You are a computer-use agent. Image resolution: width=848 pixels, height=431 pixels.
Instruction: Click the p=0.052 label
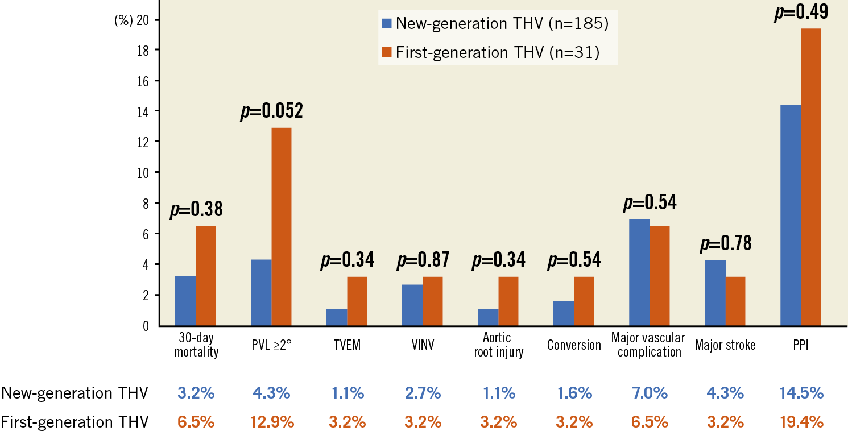(271, 111)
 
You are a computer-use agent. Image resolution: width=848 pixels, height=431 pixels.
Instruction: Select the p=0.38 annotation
(196, 210)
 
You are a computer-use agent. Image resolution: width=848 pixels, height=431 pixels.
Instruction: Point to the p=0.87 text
(423, 260)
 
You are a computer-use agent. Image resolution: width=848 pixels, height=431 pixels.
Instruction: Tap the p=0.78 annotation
(725, 244)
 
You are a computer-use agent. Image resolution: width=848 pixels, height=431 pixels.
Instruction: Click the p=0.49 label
(801, 13)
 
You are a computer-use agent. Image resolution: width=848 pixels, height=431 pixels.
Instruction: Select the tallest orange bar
(811, 176)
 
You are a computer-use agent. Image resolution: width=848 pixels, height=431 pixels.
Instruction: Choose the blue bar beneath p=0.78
(715, 292)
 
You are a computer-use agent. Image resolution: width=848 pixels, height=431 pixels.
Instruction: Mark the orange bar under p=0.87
(433, 301)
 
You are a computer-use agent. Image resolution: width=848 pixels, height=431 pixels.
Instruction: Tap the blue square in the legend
(387, 23)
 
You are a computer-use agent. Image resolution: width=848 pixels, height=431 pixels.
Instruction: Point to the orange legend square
(387, 52)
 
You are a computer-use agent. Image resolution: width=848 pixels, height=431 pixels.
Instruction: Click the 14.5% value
(801, 393)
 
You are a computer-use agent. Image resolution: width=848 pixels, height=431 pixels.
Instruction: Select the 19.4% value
(801, 422)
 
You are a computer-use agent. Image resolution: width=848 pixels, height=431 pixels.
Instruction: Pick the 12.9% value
(271, 422)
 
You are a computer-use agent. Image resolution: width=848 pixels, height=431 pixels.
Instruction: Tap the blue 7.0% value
(650, 393)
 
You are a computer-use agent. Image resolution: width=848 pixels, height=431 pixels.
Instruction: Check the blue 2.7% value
(423, 393)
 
